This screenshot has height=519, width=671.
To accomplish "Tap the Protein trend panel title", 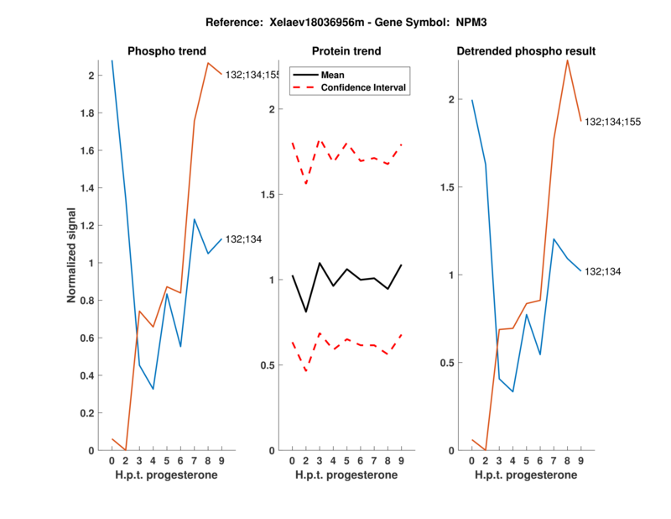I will coord(347,52).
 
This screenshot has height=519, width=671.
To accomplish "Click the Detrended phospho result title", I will coord(526,52).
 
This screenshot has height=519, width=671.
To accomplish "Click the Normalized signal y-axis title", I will coord(73,255).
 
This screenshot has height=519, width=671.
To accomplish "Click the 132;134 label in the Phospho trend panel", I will coord(244,239).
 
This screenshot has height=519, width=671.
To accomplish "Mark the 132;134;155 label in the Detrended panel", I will coord(613,122).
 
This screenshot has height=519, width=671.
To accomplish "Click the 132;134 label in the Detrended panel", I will coord(602,271).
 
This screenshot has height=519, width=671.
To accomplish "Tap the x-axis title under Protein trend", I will coord(347,475).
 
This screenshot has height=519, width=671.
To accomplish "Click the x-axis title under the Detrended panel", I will coord(525,475).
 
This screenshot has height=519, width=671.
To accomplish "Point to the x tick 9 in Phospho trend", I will coord(221,460).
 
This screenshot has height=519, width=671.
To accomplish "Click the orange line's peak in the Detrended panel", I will coord(568,60).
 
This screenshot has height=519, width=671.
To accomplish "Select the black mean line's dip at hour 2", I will coord(306,312).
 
